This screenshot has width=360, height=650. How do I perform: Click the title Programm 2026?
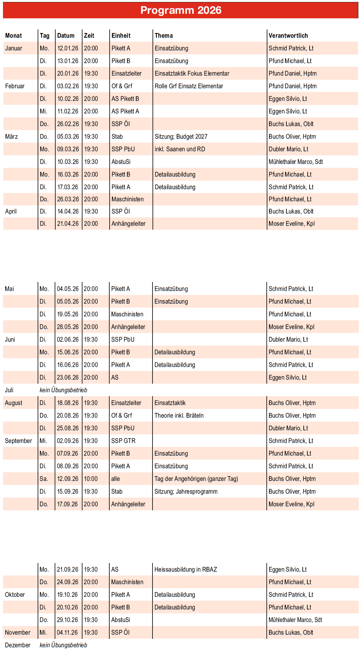(181, 10)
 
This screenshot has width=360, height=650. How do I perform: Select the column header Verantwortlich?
(288, 36)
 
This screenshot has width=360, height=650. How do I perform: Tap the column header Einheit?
(121, 36)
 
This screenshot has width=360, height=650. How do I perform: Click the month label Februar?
(15, 86)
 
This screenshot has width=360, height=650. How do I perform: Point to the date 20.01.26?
(68, 74)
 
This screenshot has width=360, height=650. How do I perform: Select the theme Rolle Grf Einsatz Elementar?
(189, 86)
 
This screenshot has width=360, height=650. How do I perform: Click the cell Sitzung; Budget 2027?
(181, 136)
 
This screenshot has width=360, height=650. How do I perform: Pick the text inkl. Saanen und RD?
(180, 149)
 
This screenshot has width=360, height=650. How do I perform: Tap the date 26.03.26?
(68, 199)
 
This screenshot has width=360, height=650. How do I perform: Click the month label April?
(11, 211)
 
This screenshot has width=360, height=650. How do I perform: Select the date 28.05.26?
(67, 327)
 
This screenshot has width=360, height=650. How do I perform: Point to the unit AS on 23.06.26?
(115, 378)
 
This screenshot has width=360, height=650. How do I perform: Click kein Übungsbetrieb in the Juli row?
(63, 390)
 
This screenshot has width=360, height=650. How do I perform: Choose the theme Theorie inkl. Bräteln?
(179, 415)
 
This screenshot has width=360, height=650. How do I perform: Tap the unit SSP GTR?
(123, 441)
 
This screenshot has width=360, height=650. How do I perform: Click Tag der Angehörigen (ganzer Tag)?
(196, 479)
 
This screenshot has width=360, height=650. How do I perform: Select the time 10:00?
(91, 479)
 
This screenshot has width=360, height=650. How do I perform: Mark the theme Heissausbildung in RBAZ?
(186, 569)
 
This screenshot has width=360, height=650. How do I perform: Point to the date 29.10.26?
(67, 620)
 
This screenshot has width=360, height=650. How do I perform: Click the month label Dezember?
(17, 645)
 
